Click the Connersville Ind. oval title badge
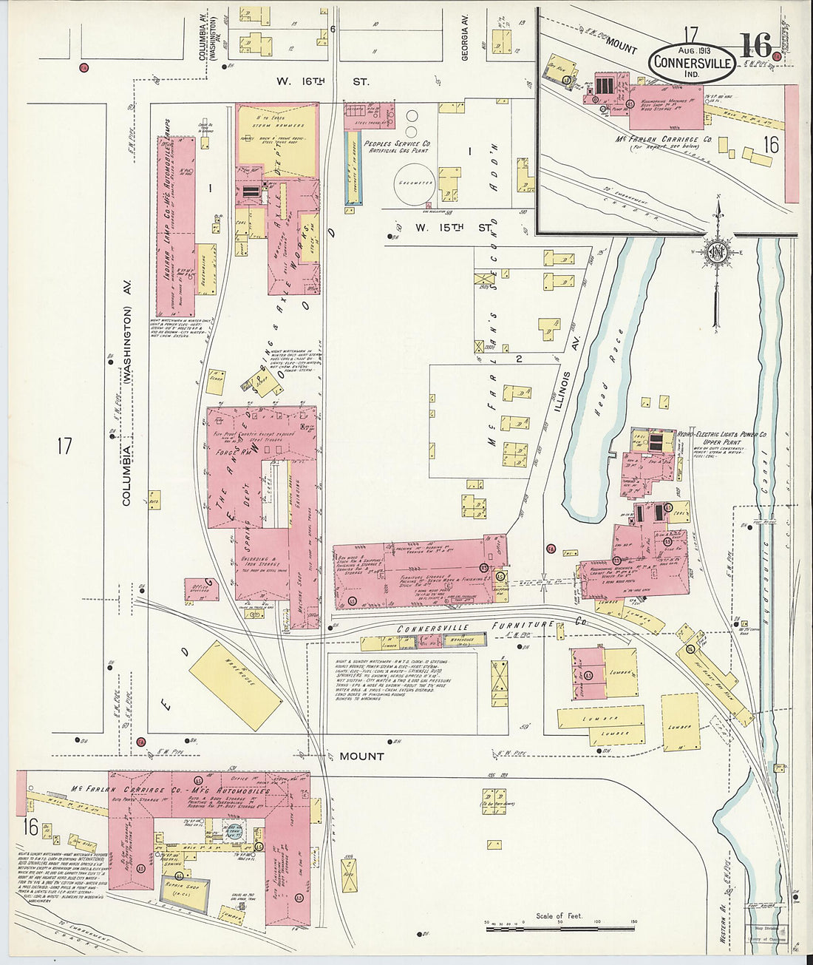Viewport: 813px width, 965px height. pos(693,64)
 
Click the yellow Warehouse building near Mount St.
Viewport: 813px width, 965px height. pos(235,685)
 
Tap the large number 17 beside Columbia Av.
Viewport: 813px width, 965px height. pos(64,446)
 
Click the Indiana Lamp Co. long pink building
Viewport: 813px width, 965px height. pos(176,226)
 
